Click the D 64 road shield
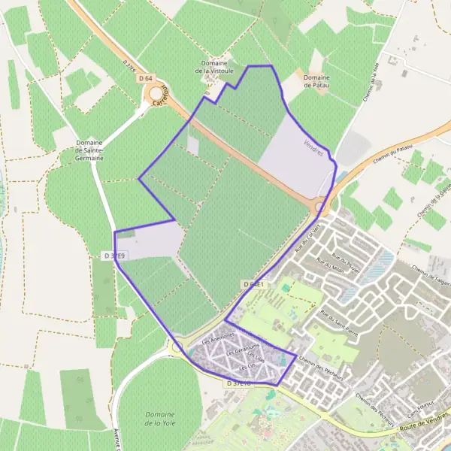[146, 78]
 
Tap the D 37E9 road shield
[115, 256]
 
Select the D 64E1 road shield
[253, 283]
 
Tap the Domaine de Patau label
[317, 81]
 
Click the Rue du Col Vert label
[307, 235]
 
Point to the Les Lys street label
[247, 368]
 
